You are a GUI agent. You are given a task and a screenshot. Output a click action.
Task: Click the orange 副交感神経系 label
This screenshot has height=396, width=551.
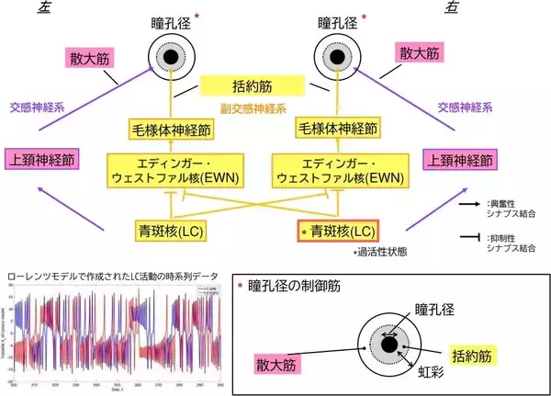coord(252,109)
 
